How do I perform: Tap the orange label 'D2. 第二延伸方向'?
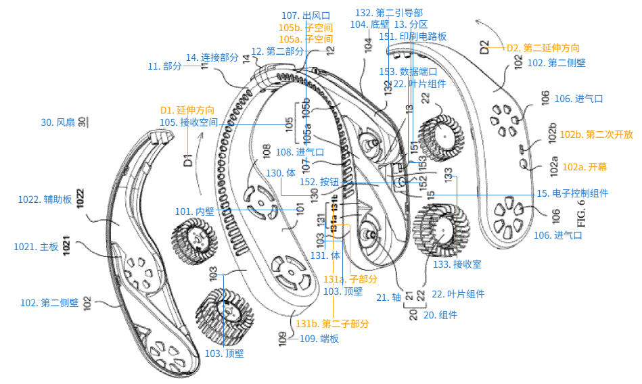543,48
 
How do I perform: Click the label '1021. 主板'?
37,247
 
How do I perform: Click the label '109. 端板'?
319,339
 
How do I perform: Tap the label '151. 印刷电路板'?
412,37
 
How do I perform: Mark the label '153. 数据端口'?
408,71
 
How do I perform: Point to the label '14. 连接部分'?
211,58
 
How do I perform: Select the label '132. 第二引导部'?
391,12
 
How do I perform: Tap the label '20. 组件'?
440,315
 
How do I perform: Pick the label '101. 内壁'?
194,212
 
